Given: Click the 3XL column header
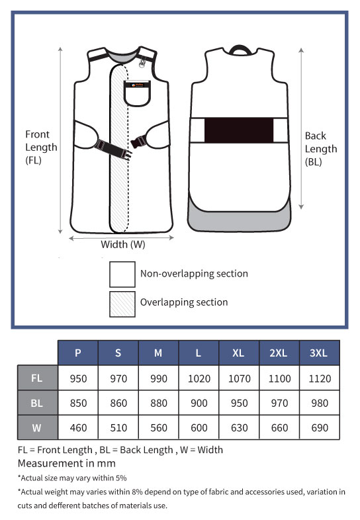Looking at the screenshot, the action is tap(319, 353).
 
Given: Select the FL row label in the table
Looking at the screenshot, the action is tap(37, 378).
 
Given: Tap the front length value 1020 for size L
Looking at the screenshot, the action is tap(199, 378).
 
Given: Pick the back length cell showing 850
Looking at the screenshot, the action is tap(78, 403).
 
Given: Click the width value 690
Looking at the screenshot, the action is tap(320, 427).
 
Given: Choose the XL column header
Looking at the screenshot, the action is tap(239, 353).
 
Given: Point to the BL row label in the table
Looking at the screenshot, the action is tap(37, 403).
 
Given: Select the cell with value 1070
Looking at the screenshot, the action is tap(239, 378).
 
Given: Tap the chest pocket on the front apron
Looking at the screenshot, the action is tap(137, 93).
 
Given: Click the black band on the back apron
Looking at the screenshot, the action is tap(239, 130).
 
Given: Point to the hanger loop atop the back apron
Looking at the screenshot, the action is tap(239, 49).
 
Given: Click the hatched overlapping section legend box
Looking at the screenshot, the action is tap(122, 304).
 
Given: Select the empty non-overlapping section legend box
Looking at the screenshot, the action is tap(122, 275).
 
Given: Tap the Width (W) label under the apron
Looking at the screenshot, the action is tap(123, 245).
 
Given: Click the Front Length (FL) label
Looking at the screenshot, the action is tap(41, 148).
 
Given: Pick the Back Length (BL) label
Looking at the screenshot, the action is tap(321, 149).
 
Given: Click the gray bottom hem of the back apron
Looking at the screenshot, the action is tap(239, 220).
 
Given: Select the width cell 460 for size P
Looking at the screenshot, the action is tap(78, 427).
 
